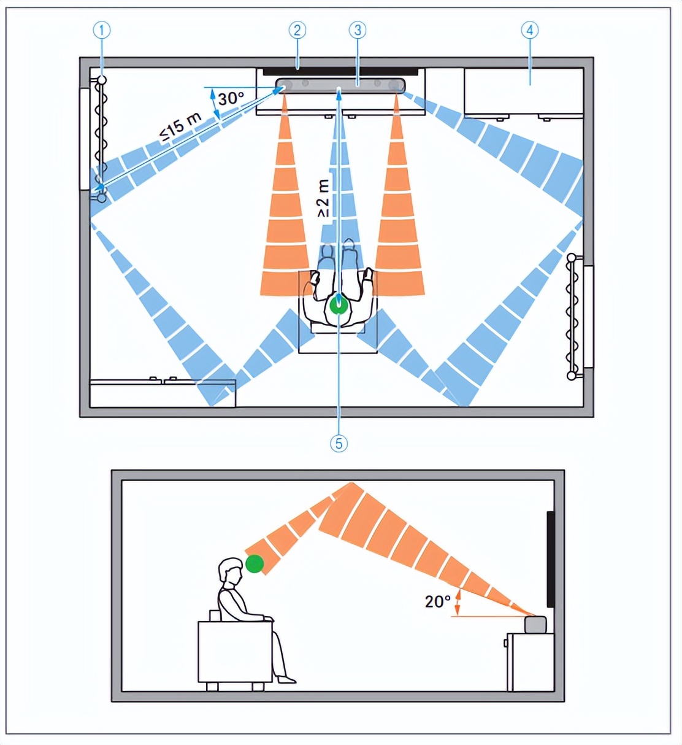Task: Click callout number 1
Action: tap(102, 31)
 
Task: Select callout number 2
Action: tap(297, 31)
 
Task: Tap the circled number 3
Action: tap(358, 31)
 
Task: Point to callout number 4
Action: tap(530, 31)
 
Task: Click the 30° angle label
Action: tap(231, 99)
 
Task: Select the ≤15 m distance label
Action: tap(181, 128)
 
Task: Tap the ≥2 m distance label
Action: tap(323, 198)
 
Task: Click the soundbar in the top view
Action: tap(341, 85)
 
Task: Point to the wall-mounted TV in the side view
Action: tap(551, 559)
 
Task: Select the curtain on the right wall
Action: tap(572, 317)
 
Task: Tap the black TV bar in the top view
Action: tap(340, 72)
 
